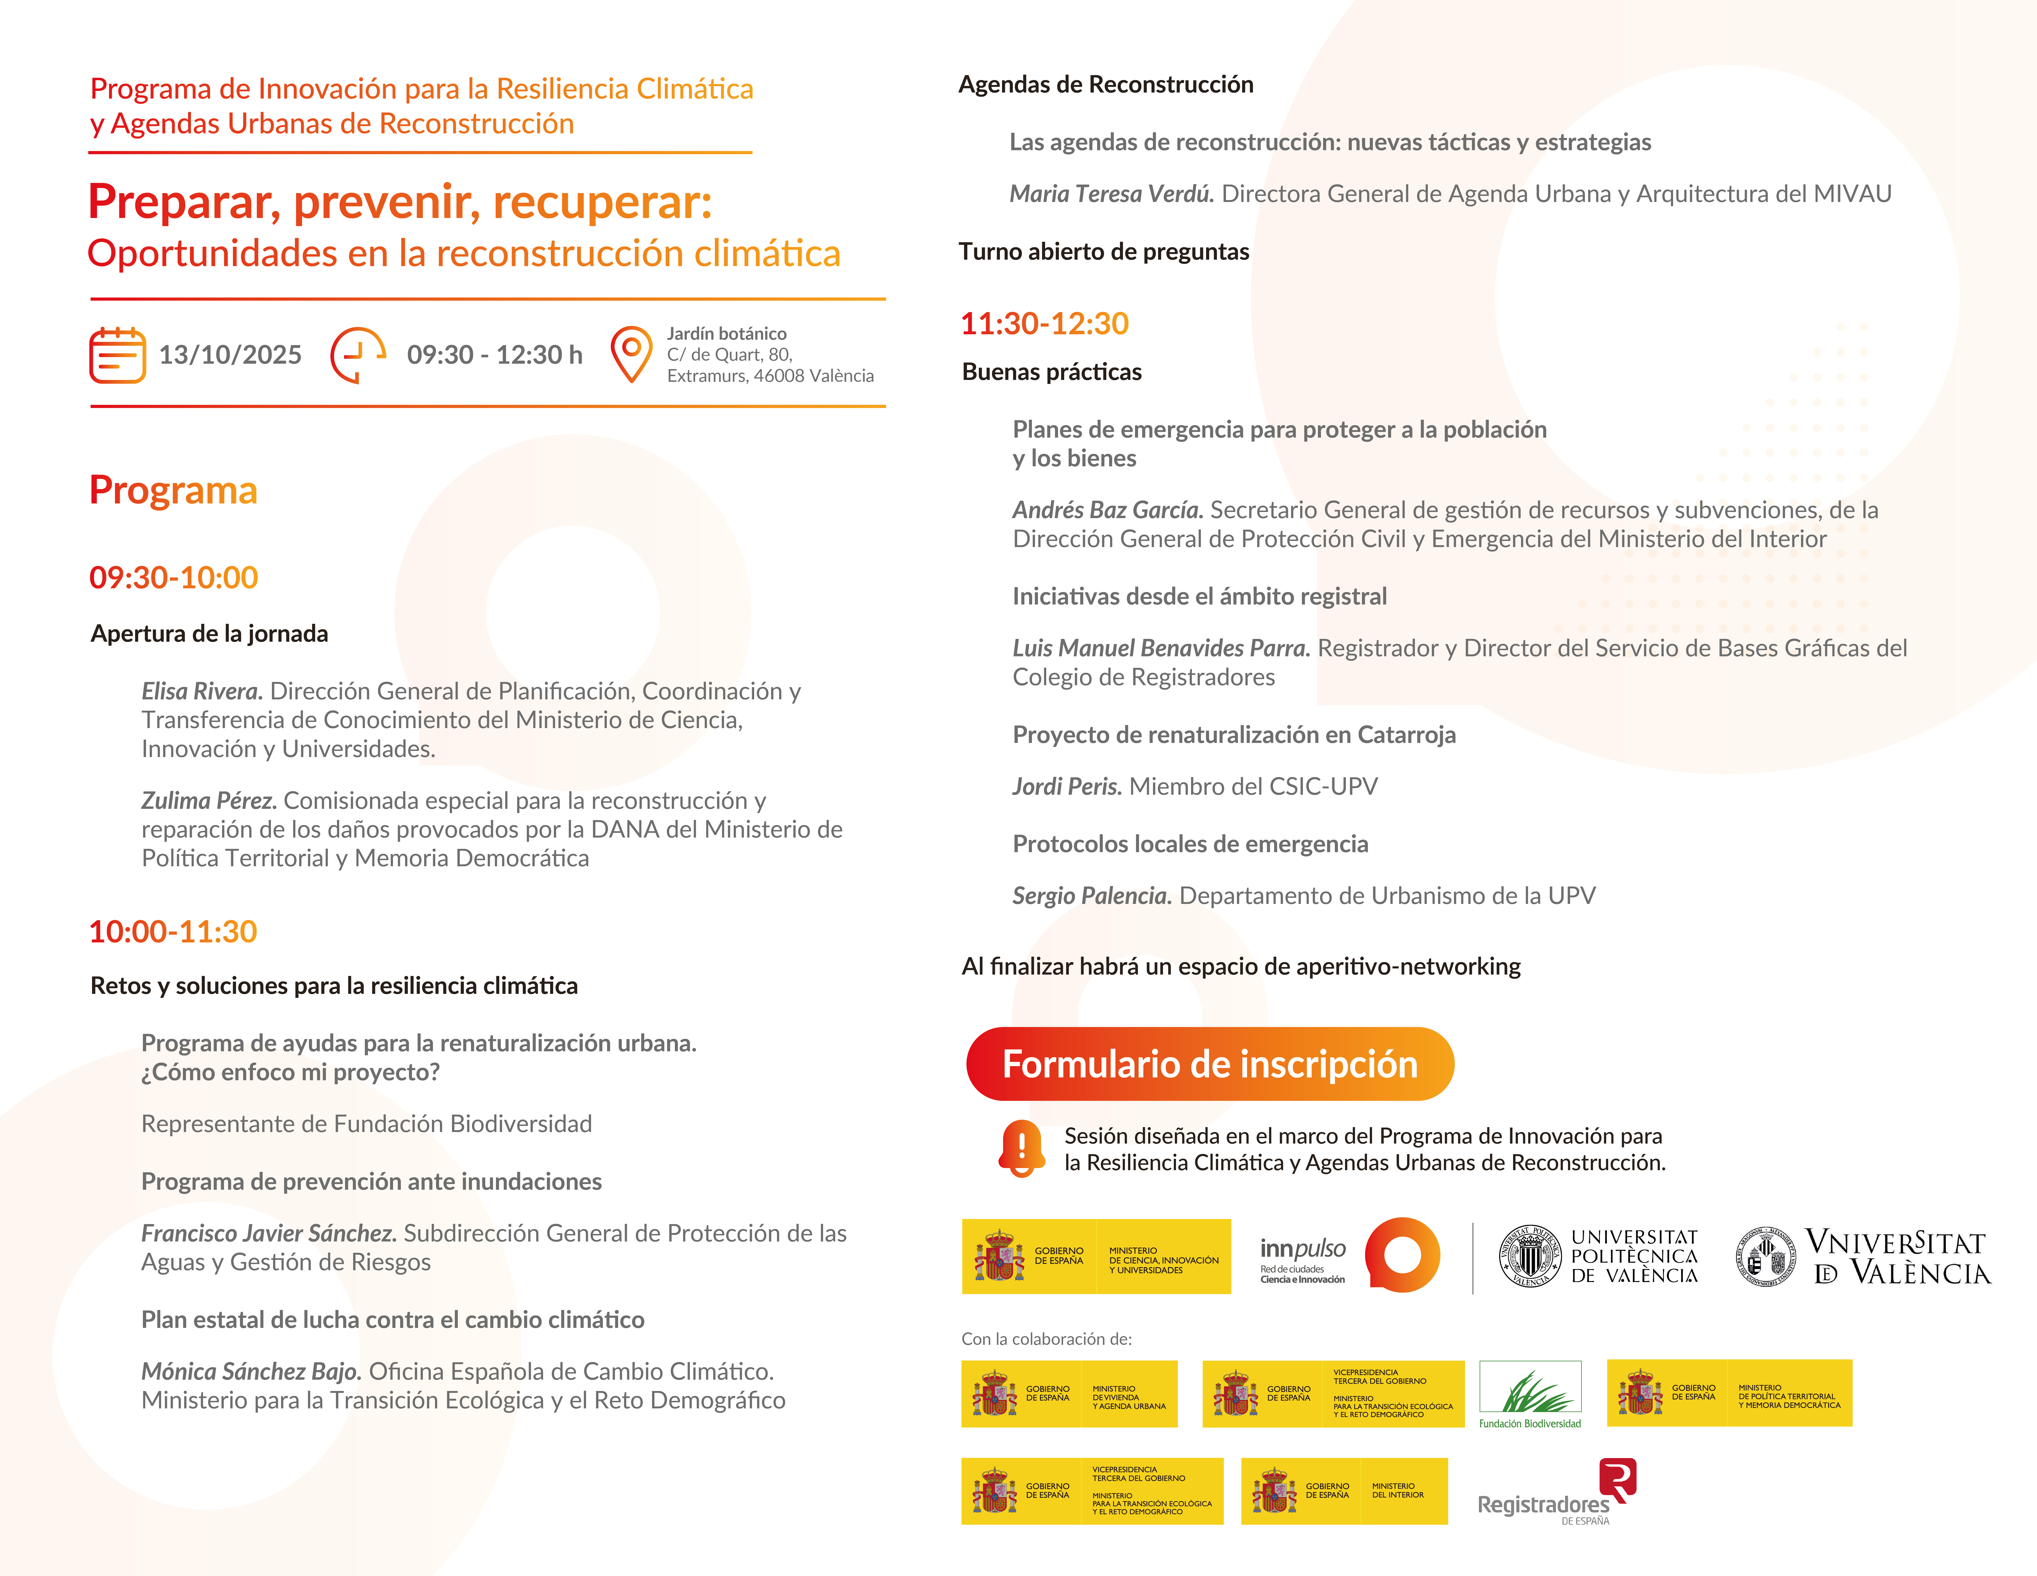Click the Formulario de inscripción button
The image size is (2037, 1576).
click(x=1210, y=1064)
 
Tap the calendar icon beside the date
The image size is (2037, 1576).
click(x=117, y=355)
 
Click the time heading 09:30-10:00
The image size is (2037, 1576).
click(x=173, y=577)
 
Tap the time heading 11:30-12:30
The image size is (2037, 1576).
click(x=1045, y=324)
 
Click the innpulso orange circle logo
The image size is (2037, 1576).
click(x=1402, y=1255)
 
